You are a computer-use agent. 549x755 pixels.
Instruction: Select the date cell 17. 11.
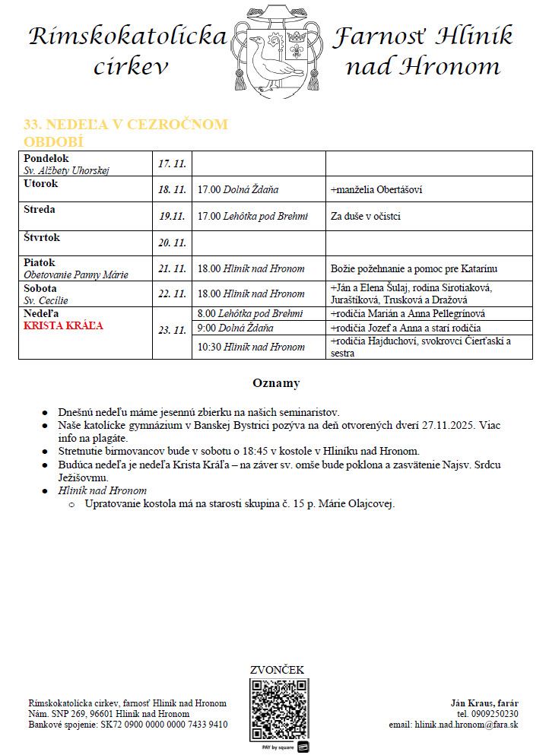coord(173,163)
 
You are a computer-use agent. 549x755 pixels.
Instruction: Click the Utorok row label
coord(41,184)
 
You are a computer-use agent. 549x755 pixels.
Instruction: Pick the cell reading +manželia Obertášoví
coord(377,189)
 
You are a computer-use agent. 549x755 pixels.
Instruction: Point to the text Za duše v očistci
coord(366,217)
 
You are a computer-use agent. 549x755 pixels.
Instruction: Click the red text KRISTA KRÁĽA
coord(63,325)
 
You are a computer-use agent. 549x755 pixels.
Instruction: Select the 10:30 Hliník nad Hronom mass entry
coord(251,347)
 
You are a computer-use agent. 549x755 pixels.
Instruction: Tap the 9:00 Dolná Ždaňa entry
coord(235,328)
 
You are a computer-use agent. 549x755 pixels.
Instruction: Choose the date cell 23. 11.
coord(173,330)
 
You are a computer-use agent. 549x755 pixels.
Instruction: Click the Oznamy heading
coord(276,383)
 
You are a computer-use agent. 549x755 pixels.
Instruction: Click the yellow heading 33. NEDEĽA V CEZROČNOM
coord(126,125)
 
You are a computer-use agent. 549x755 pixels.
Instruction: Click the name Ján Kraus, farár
coord(485,703)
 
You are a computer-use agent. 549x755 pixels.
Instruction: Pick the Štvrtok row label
coord(42,238)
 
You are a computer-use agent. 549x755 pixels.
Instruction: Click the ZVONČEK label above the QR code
coord(277,670)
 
